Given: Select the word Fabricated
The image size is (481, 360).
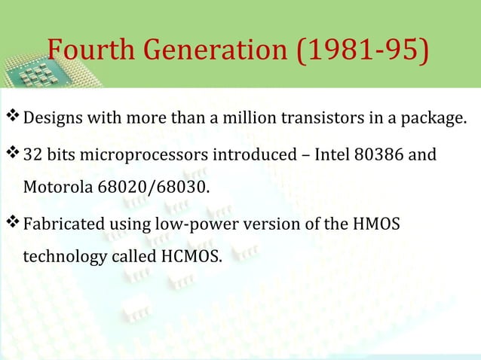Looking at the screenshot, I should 58,224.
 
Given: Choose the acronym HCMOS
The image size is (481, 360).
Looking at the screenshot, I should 191,256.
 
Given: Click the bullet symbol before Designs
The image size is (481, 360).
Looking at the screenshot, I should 13,119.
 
